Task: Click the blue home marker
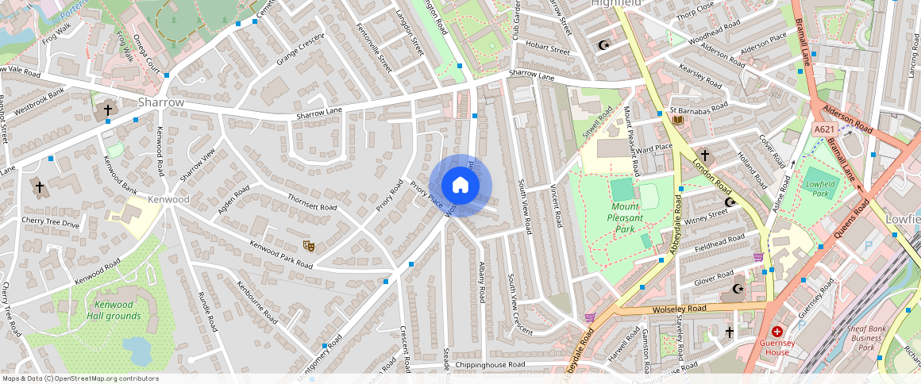[x=460, y=186]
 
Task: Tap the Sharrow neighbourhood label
[x=161, y=102]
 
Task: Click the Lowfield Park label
[x=820, y=188]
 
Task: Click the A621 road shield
[x=824, y=129]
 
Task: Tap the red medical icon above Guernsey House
[x=776, y=331]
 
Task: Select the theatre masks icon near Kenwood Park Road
[x=308, y=246]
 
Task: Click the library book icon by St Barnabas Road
[x=677, y=120]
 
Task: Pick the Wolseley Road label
[x=678, y=308]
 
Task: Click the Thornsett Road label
[x=312, y=202]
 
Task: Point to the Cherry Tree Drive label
[x=51, y=224]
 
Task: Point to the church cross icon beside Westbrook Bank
[x=108, y=109]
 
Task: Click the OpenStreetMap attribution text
[x=81, y=378]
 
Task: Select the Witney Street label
[x=706, y=213]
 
